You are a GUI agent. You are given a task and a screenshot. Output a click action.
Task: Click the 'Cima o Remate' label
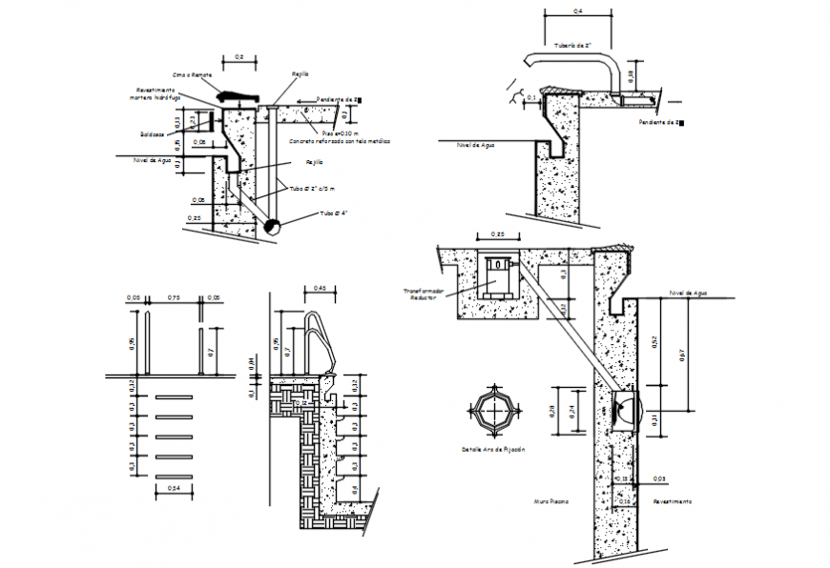193,74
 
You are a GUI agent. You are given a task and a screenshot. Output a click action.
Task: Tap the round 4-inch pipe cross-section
272,227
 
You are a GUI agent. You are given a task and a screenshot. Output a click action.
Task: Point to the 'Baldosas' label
152,133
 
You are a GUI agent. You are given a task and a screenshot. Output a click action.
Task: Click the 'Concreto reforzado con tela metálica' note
341,140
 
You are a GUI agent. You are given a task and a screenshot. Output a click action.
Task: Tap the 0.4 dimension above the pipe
577,11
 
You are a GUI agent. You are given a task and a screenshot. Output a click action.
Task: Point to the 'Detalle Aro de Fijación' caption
493,449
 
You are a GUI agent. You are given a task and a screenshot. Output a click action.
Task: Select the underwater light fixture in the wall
622,411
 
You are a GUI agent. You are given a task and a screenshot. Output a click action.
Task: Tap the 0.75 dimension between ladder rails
172,297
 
